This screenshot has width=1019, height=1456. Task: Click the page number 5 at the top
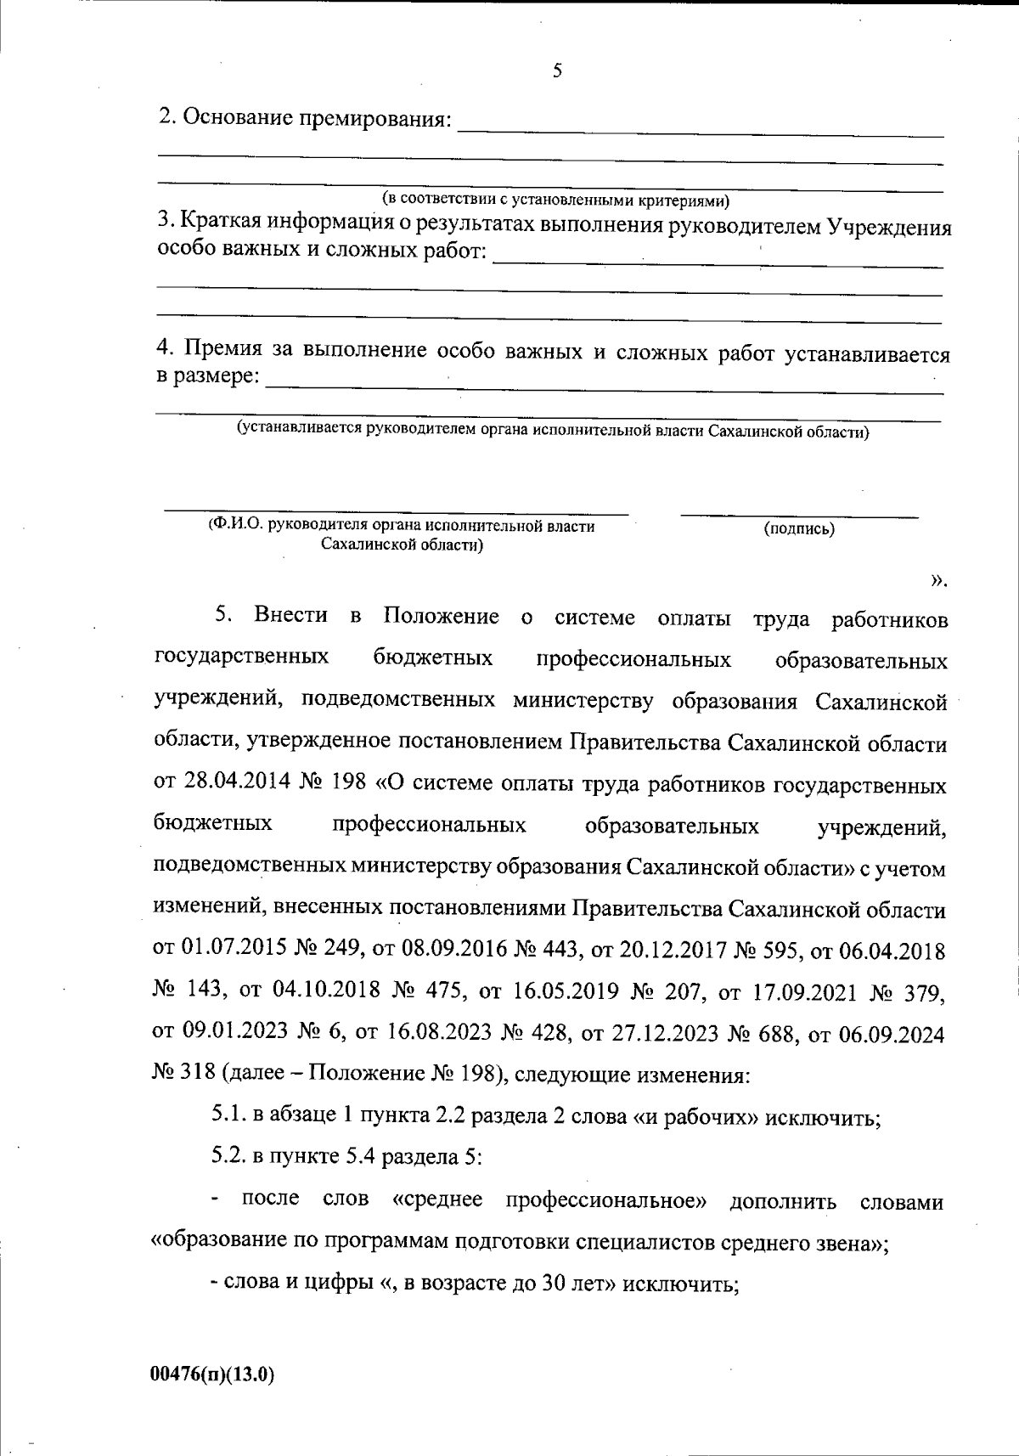(x=557, y=71)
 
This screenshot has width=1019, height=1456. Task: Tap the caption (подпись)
(x=799, y=529)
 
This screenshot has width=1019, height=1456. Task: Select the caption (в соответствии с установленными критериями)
(x=555, y=200)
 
